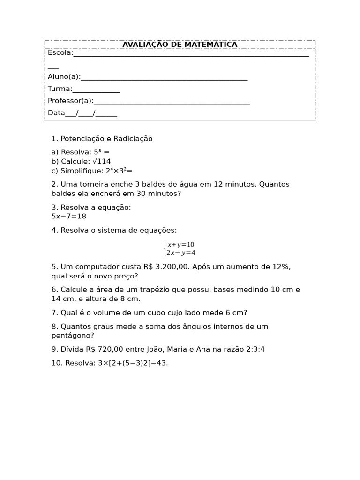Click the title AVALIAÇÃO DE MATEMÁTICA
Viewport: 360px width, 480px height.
coord(180,45)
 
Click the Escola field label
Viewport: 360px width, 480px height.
coord(60,53)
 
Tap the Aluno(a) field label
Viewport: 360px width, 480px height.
coord(64,77)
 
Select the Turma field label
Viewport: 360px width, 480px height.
coord(60,89)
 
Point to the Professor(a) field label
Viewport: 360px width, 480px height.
coord(70,101)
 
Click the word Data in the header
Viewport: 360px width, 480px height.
coord(56,113)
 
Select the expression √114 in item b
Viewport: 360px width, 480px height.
coord(102,161)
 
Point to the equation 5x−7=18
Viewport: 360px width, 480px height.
coord(69,217)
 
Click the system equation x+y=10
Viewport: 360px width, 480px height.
coord(180,244)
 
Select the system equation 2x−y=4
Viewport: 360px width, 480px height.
coord(180,253)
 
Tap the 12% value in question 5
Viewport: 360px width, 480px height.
coord(280,267)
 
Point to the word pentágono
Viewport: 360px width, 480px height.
coord(73,336)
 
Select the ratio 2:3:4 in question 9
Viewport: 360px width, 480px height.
coord(255,349)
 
